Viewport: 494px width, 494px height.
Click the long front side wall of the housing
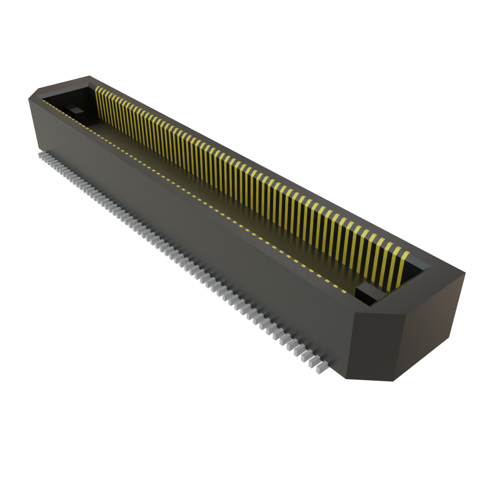tap(193, 232)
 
